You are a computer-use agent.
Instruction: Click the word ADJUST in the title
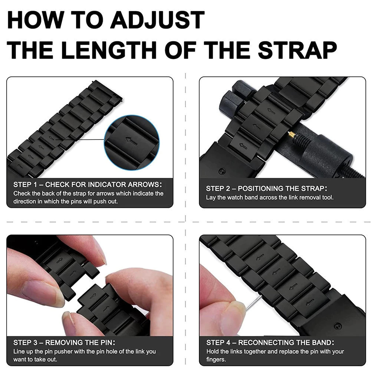point(157,20)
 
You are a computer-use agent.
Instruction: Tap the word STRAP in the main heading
point(297,50)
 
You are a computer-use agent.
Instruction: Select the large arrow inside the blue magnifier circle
point(132,141)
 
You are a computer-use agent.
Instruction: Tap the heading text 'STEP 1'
point(25,184)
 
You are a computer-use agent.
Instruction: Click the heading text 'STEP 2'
point(218,188)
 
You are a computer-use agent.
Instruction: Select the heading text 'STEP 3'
point(25,342)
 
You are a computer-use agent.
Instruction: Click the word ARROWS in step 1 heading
point(145,184)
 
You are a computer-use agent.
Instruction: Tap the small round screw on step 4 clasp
point(338,326)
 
